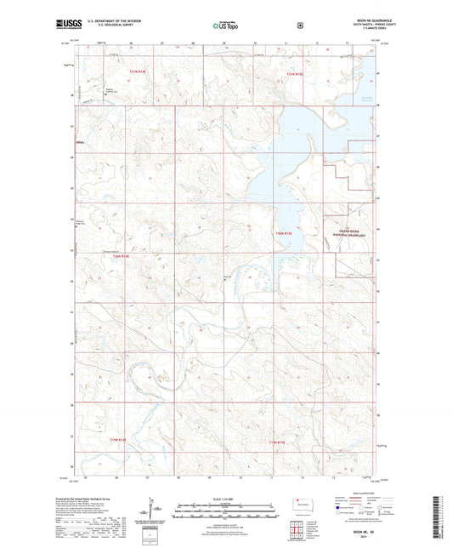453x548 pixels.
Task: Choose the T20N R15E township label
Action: pos(284,232)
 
